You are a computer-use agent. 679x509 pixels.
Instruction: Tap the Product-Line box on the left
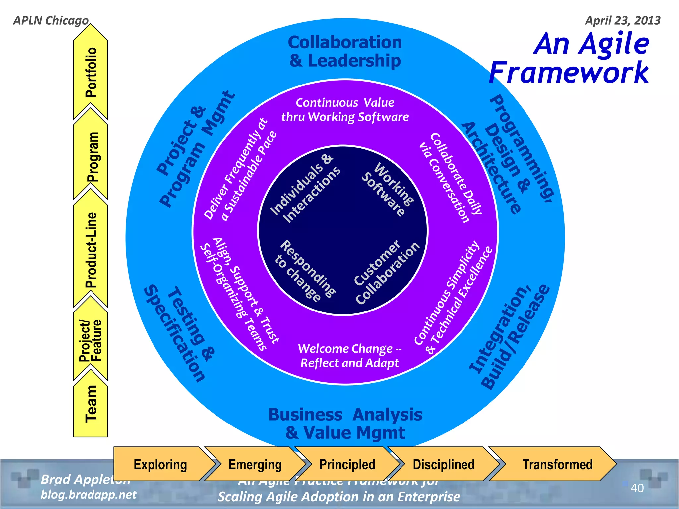tap(91, 250)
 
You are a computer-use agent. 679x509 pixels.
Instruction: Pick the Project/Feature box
tap(91, 341)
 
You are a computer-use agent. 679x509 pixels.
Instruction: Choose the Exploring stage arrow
tap(160, 464)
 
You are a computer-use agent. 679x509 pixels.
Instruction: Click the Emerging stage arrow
tap(255, 464)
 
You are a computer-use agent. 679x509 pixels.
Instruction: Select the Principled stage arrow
tap(347, 464)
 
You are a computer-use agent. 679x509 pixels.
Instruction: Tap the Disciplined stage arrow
tap(444, 464)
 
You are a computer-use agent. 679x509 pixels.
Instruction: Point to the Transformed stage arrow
tap(557, 464)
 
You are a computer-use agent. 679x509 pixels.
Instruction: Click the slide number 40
tap(637, 488)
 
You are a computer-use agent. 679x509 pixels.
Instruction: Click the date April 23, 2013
tap(623, 20)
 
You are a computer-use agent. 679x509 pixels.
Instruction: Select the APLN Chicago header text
tap(51, 20)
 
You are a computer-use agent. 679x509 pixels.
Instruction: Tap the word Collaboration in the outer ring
tap(345, 42)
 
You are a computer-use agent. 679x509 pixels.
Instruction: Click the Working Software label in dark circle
tap(388, 190)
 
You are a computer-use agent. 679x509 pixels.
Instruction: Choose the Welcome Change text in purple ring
tap(349, 349)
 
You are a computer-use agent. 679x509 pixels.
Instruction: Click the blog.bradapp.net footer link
tap(88, 495)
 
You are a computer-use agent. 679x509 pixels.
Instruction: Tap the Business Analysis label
tap(345, 415)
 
